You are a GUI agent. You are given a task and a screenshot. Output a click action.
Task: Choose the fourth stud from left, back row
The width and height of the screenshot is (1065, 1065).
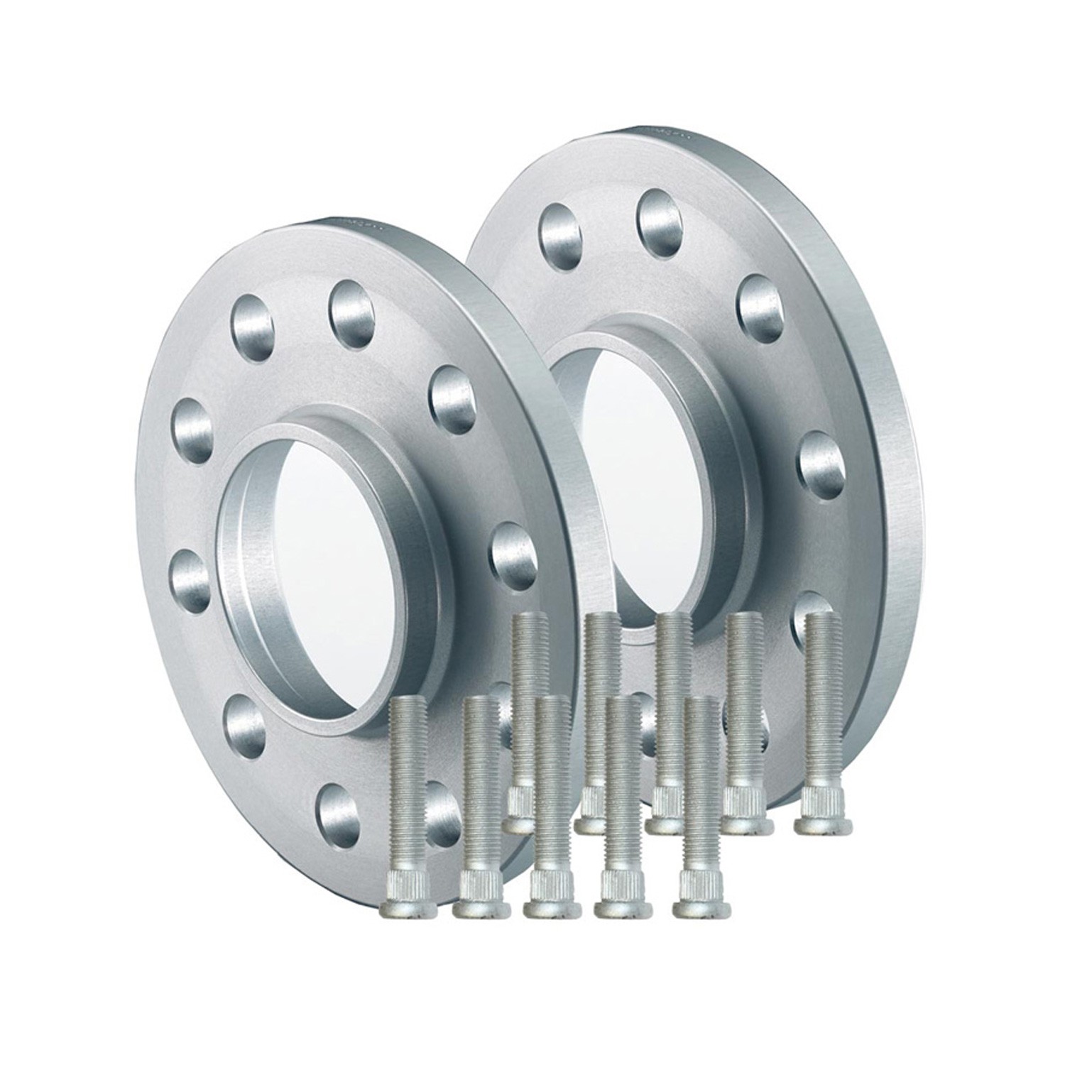745,717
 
